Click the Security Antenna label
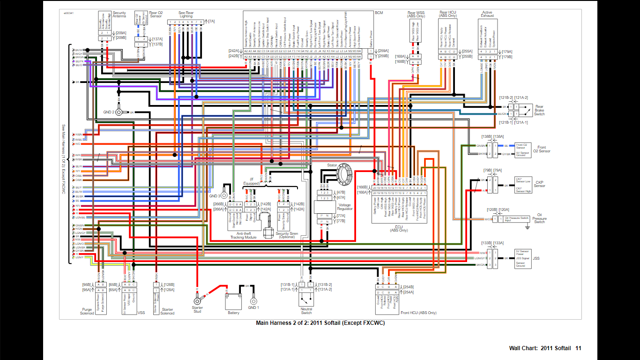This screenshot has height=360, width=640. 119,14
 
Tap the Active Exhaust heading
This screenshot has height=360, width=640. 488,14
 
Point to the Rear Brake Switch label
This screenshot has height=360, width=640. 539,111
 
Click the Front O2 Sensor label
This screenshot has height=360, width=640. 541,149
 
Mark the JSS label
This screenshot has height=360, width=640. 536,258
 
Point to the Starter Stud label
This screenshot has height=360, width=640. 197,309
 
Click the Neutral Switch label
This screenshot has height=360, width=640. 306,311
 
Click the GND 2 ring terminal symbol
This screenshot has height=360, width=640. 119,112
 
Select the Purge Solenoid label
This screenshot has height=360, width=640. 87,311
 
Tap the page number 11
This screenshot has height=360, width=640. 578,348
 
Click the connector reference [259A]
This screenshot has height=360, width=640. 383,51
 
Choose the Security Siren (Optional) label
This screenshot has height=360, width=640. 287,235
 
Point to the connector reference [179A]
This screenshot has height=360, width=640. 506,52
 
